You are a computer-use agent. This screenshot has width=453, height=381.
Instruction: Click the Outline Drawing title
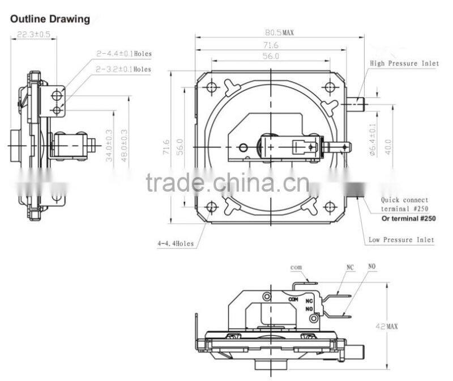click(x=50, y=19)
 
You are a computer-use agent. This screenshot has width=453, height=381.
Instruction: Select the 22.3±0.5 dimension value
click(x=33, y=34)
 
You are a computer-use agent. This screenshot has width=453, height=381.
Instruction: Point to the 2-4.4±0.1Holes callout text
click(x=123, y=54)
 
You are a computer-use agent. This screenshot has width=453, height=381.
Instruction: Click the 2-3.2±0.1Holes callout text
click(x=123, y=69)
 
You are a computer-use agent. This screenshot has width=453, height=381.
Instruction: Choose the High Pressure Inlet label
click(x=404, y=63)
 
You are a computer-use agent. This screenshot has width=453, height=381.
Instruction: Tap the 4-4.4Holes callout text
click(x=176, y=244)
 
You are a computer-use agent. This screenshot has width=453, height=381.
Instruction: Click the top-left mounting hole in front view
click(x=212, y=87)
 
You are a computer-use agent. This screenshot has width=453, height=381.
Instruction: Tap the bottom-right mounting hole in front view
click(x=330, y=206)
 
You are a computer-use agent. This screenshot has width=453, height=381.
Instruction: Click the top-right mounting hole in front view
click(x=330, y=87)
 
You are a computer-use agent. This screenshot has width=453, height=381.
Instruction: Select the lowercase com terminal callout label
click(x=296, y=267)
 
